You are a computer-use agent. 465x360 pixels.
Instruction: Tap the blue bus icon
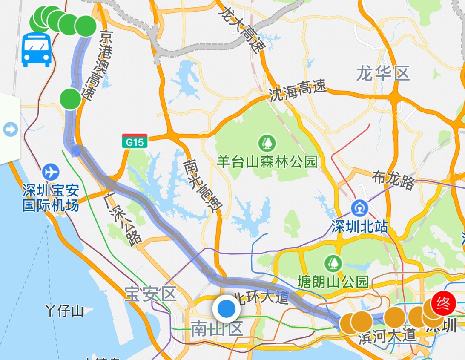point(37,49)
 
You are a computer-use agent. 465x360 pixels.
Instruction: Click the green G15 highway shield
point(135,141)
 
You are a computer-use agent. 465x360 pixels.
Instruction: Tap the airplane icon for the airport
point(51,172)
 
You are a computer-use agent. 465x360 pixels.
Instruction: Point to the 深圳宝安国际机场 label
point(51,198)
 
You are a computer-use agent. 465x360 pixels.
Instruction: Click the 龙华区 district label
point(383,74)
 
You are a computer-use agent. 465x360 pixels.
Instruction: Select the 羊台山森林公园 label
point(267,161)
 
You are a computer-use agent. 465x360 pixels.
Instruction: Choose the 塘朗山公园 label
point(333,282)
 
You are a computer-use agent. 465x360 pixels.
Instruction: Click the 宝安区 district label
point(150,294)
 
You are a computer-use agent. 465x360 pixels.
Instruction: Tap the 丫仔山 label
point(64,311)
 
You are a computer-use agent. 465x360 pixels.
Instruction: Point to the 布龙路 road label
point(393,180)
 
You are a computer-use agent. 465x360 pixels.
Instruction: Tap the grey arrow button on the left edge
point(10,129)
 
